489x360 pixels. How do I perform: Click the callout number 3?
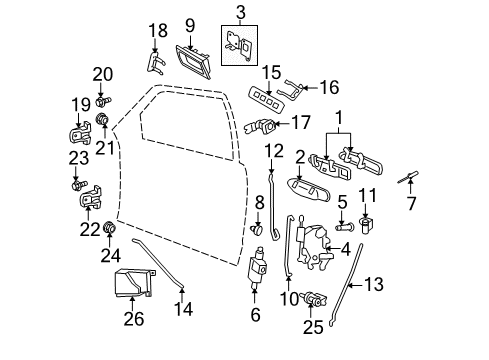(241, 12)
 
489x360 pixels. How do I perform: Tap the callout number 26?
(134, 319)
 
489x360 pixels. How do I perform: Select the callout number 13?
(374, 284)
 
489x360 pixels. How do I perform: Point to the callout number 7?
(411, 203)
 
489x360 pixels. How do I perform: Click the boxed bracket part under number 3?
(239, 46)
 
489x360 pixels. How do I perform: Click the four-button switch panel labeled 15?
(266, 100)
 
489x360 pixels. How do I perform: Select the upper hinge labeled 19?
(79, 133)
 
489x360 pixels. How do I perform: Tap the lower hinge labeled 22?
(90, 197)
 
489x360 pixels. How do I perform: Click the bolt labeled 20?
(103, 101)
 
